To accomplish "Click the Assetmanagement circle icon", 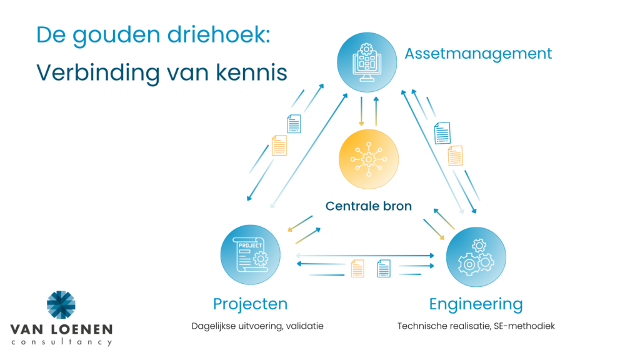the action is (366, 62).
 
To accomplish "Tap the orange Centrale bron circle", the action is (369, 159).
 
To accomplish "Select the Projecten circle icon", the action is (250, 255).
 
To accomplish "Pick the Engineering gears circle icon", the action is (476, 257).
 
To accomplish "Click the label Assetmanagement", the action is (478, 54).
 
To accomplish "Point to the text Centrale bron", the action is (369, 206).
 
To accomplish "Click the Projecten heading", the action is (250, 304).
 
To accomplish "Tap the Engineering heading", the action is (476, 304).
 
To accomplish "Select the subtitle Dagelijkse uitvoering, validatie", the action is (257, 326).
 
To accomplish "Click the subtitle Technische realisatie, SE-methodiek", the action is (476, 326).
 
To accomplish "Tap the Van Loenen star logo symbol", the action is (61, 304).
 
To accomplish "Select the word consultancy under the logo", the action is (62, 342).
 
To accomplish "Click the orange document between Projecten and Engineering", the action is (357, 269).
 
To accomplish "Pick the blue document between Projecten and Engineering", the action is (384, 269).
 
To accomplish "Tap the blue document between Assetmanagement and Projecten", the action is (294, 124).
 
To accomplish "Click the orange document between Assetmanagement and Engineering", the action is (456, 156).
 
